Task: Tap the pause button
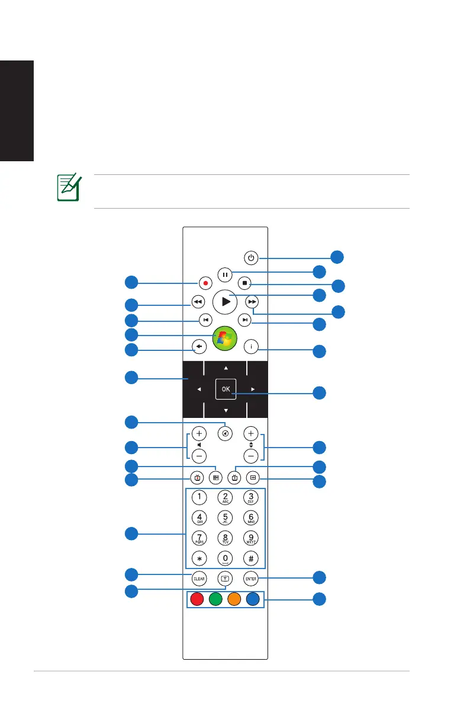224,274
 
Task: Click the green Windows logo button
225,337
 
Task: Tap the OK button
225,389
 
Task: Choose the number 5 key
225,517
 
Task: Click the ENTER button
250,577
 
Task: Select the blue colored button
254,600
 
